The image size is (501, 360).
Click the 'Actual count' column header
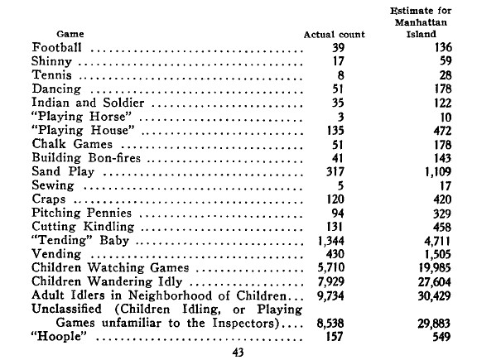point(331,34)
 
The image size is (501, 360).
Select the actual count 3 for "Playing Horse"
point(340,116)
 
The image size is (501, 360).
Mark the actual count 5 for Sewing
point(340,185)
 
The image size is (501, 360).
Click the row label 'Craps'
point(49,199)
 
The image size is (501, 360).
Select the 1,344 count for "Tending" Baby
point(331,241)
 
